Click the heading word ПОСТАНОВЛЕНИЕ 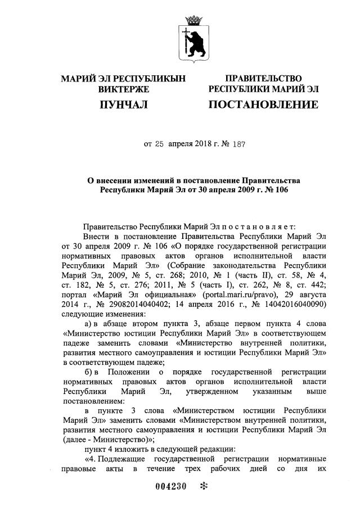point(263,105)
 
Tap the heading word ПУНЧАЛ point(123,105)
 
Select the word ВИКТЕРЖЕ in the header point(123,89)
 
